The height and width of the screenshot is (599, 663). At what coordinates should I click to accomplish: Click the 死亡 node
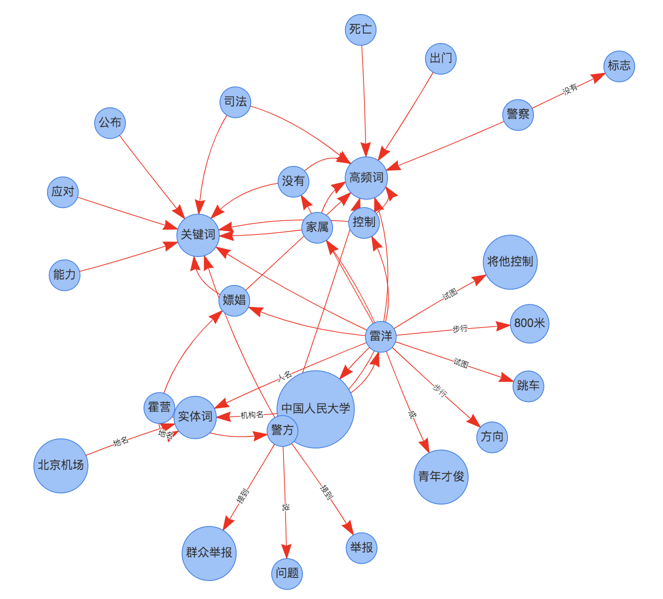(360, 29)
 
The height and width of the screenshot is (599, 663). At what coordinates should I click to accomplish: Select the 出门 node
(440, 58)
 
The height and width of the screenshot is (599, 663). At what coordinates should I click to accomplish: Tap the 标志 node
(619, 66)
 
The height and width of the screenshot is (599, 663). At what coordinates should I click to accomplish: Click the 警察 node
(517, 114)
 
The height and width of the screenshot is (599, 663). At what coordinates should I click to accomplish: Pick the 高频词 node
(366, 177)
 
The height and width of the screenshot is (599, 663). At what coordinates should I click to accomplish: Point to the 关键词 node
(198, 234)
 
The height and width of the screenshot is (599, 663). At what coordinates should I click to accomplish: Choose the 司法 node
(235, 102)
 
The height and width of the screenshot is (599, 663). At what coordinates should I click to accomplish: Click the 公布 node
(110, 122)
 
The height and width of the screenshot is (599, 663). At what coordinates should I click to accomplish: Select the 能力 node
(64, 274)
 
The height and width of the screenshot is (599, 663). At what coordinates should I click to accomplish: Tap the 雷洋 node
(380, 336)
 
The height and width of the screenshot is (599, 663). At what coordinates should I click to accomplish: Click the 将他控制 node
(510, 261)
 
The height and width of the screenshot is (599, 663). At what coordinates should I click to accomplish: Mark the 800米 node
(529, 323)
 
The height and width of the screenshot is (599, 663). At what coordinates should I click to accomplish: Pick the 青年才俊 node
(441, 476)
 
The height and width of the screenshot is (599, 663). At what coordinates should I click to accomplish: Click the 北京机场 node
(61, 465)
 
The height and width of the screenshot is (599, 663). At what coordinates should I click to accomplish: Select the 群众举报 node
(209, 553)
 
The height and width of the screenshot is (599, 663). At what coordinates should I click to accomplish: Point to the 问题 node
(287, 573)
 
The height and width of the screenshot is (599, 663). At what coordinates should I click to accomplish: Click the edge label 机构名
(252, 415)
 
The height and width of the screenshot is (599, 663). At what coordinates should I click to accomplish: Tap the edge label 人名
(284, 375)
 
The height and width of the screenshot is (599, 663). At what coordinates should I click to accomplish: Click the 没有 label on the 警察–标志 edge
(570, 89)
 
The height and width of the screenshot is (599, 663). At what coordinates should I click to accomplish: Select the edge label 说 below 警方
(285, 507)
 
